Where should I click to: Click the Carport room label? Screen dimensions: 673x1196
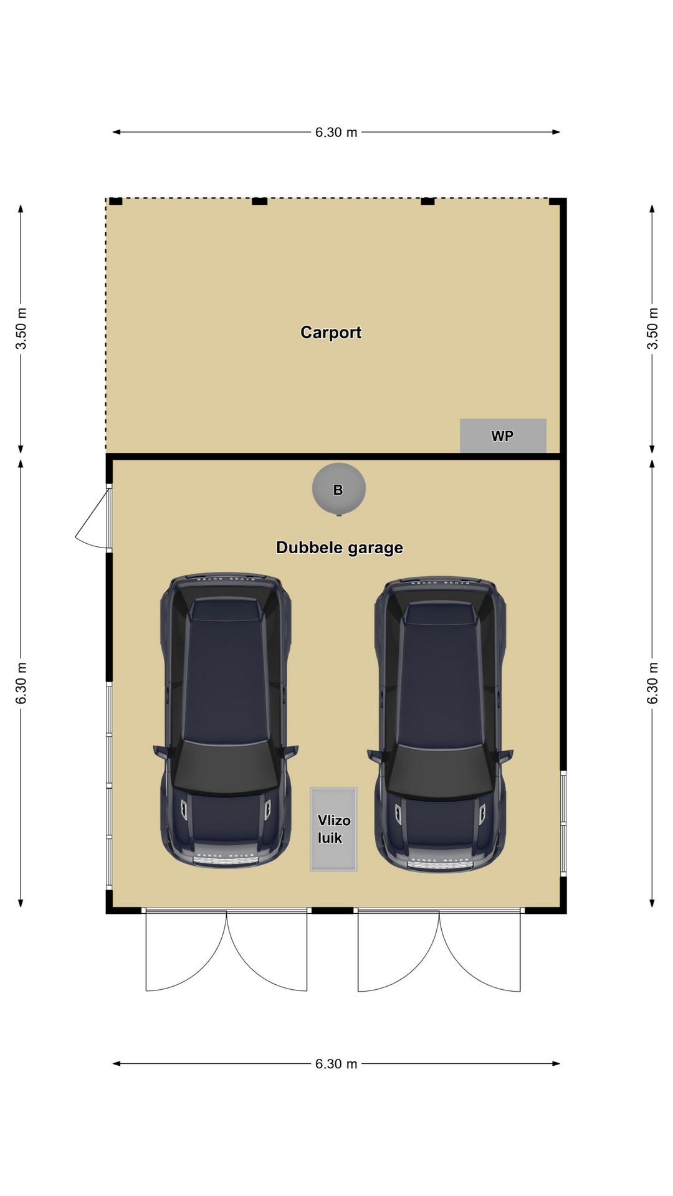[x=331, y=333]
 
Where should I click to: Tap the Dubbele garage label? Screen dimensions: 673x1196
[x=340, y=548]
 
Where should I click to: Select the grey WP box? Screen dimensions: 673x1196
[x=503, y=435]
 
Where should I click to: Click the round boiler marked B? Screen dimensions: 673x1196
[x=338, y=489]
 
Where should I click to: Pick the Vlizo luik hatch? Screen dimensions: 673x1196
[x=334, y=829]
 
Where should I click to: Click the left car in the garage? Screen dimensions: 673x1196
[x=226, y=720]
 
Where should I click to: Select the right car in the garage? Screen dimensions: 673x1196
[x=440, y=724]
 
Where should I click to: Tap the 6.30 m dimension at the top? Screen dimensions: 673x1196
[x=336, y=132]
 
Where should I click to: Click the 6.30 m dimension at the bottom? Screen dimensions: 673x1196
[x=336, y=1063]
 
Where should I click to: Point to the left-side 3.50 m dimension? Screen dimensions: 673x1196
[x=21, y=328]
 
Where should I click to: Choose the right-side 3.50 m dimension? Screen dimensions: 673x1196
[x=652, y=328]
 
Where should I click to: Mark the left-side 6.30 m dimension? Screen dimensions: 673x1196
[x=21, y=683]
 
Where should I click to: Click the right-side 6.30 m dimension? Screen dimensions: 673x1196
[x=652, y=683]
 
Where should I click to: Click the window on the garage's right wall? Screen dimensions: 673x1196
[x=563, y=823]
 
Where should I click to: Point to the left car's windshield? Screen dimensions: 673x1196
[x=226, y=767]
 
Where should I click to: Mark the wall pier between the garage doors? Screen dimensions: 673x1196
[x=333, y=910]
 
